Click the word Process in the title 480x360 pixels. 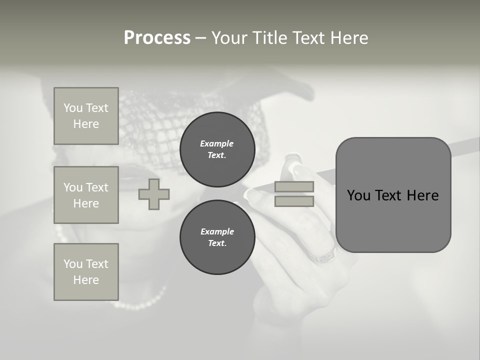tap(157, 38)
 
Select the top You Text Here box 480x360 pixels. tap(86, 116)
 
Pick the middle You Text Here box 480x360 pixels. tap(86, 195)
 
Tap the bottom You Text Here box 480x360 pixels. tap(86, 272)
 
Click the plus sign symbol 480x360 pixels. tap(154, 194)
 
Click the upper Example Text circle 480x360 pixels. tap(217, 149)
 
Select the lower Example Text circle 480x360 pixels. tap(217, 237)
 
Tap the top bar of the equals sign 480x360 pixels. tap(294, 187)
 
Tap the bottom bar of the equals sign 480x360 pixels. tap(294, 201)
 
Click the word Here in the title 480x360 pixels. tap(348, 38)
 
